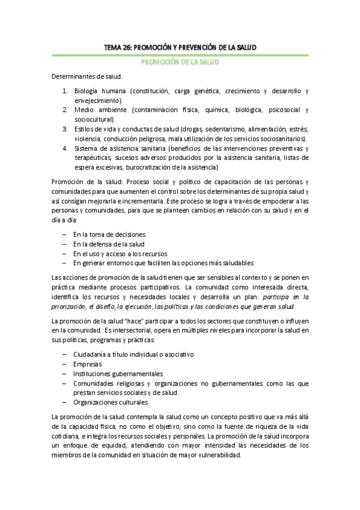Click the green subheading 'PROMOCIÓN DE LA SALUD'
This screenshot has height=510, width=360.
[180, 62]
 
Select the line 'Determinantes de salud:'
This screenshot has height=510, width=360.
[87, 77]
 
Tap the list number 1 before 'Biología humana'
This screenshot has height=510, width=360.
[65, 92]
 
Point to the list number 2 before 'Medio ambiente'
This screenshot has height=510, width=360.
[65, 110]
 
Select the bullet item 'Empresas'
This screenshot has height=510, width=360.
[88, 364]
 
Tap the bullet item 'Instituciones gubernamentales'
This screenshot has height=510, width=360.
[118, 373]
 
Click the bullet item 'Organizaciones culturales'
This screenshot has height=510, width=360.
[111, 402]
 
